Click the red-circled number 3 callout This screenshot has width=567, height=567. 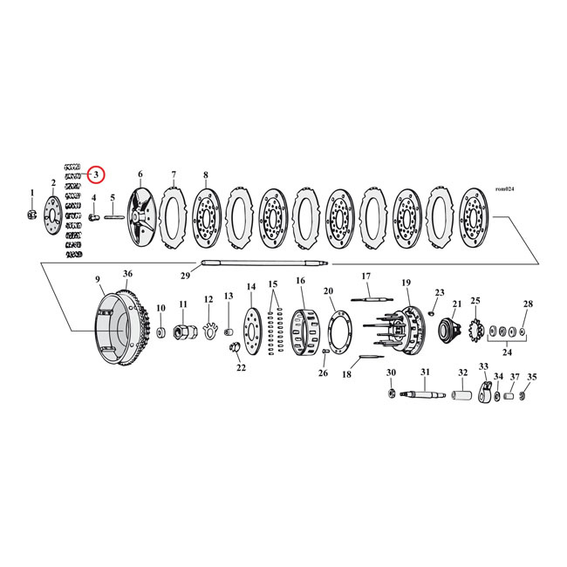[96, 174]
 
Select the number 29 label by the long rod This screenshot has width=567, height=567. [184, 276]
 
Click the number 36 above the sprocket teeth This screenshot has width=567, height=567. [127, 275]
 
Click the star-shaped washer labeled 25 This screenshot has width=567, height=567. [477, 332]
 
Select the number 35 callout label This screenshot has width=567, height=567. [533, 378]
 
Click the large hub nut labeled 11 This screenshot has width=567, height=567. [184, 332]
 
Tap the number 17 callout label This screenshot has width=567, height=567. [367, 277]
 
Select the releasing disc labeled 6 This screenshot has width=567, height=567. [140, 212]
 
